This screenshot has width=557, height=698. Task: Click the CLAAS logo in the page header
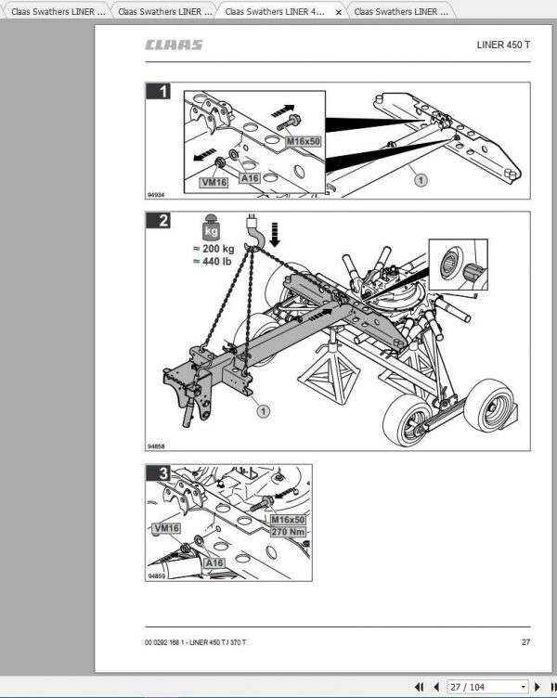174,45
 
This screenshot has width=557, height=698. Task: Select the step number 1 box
163,91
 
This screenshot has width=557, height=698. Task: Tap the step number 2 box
163,221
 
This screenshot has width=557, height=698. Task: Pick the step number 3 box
163,473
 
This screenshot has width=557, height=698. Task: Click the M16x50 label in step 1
302,141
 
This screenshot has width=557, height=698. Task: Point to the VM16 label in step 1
214,183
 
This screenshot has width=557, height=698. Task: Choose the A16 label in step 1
249,177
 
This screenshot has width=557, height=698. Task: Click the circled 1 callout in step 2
263,409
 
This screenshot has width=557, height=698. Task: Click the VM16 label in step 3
167,528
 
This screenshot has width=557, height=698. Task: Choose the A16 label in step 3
214,562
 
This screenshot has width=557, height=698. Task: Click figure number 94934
155,195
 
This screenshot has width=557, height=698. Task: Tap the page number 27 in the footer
525,642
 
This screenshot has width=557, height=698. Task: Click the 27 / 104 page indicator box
486,687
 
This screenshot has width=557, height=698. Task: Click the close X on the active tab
338,12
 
